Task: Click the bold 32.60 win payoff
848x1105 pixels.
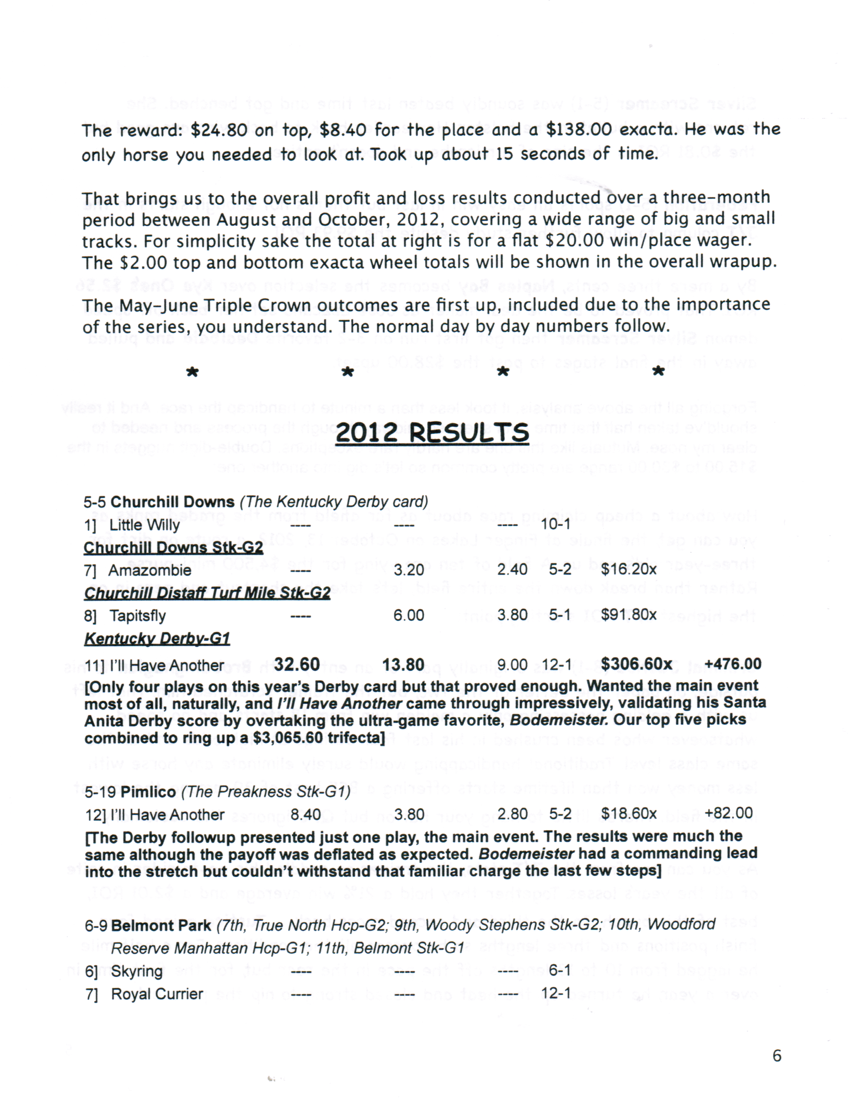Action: point(297,664)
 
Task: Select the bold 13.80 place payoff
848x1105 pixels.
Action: point(403,665)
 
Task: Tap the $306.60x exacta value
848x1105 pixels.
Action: point(636,664)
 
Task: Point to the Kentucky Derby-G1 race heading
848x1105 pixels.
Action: point(157,639)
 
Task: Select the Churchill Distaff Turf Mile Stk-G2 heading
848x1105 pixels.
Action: point(207,593)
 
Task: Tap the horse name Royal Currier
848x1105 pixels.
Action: point(157,994)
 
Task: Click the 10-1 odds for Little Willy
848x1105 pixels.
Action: point(555,524)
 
